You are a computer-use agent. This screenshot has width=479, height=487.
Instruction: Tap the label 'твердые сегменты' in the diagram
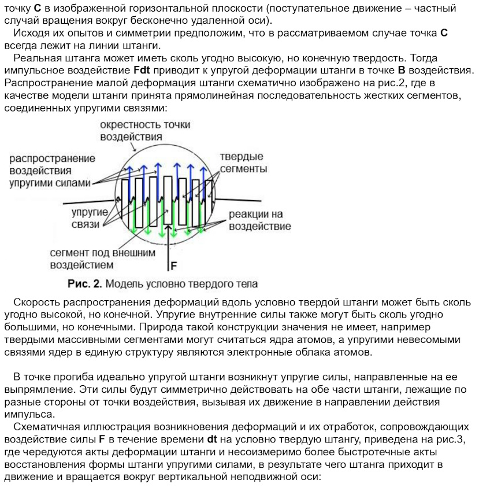tap(243, 163)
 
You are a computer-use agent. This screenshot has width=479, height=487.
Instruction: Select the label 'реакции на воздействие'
tap(259, 220)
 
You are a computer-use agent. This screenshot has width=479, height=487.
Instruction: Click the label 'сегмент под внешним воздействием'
tap(102, 259)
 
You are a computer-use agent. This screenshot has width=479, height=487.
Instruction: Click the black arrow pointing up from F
tap(169, 243)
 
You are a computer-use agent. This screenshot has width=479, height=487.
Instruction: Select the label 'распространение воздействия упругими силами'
tap(51, 171)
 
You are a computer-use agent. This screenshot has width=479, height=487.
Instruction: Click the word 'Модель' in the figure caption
tap(122, 284)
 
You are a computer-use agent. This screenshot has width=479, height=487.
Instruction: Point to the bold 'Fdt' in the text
tap(142, 71)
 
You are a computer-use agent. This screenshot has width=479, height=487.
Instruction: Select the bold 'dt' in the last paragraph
tap(213, 439)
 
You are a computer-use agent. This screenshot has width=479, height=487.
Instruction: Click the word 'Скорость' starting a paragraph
tap(34, 302)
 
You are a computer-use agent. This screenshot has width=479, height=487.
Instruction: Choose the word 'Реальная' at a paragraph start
tap(34, 58)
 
